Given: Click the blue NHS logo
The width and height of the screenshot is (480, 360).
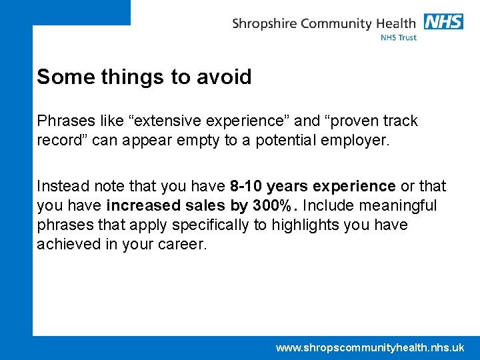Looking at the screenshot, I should click(x=443, y=21).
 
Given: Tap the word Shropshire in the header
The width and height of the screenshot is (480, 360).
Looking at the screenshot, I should click(x=264, y=24).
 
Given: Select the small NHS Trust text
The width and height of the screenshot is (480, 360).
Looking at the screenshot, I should click(x=399, y=38).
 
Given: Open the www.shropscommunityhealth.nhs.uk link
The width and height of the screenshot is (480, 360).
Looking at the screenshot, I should click(x=370, y=347).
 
